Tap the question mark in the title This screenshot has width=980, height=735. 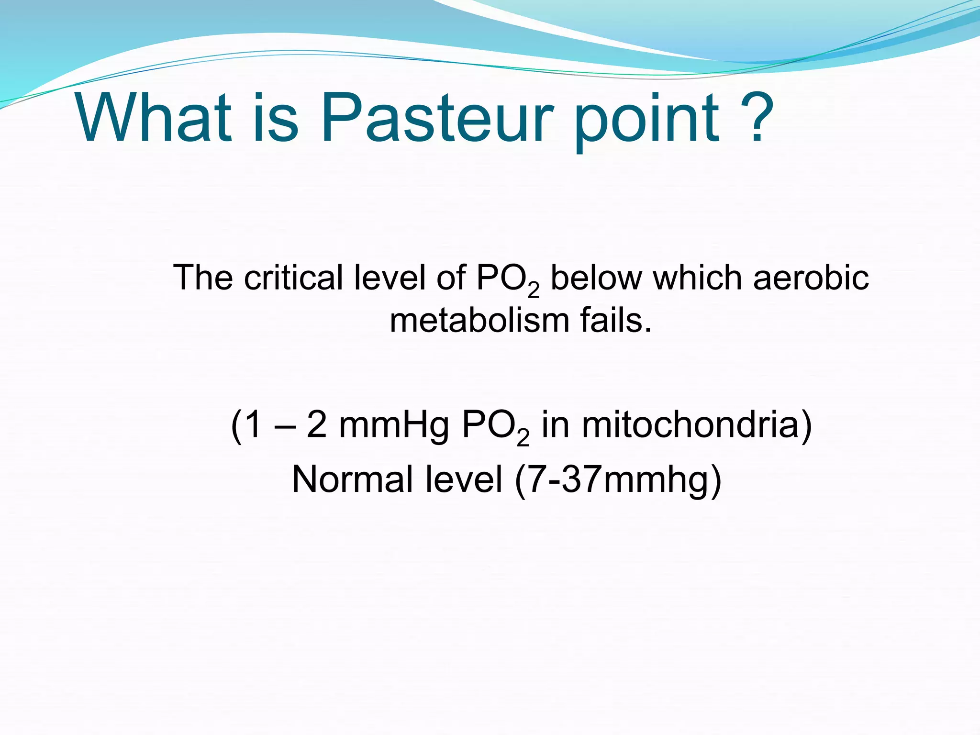tap(757, 118)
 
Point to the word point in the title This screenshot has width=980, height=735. tap(646, 122)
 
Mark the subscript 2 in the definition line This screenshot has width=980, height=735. tap(534, 290)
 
